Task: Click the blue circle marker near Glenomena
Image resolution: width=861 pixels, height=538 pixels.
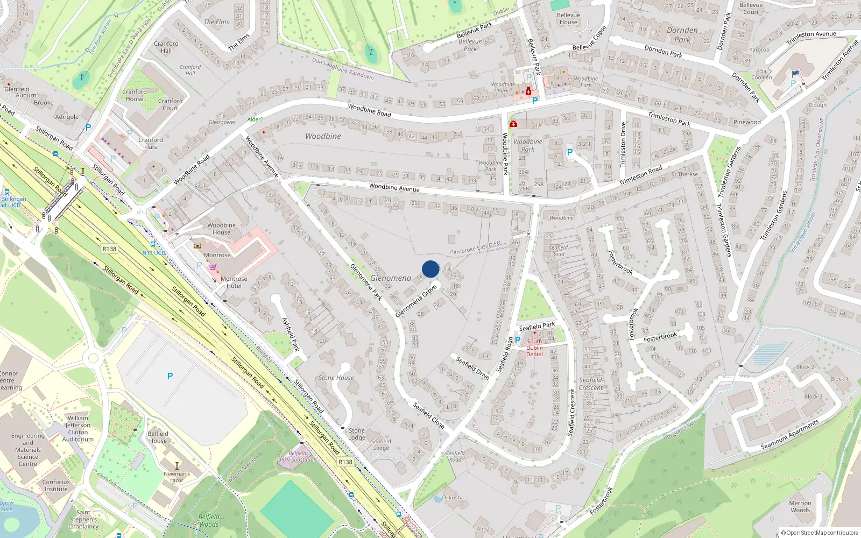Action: [x=430, y=269]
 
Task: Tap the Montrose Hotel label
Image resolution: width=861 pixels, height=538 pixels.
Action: [x=234, y=282]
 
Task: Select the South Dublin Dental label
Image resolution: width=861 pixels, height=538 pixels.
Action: [x=534, y=348]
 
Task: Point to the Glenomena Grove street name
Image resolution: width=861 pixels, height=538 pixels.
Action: [x=416, y=301]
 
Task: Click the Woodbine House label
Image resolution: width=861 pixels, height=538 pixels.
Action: [x=221, y=229]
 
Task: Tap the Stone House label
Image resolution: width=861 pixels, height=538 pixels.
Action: [x=336, y=378]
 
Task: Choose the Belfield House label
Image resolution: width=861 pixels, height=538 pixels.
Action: [x=158, y=437]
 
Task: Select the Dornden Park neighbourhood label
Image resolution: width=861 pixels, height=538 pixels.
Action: [x=682, y=35]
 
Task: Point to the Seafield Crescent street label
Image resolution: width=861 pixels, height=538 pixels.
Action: [x=572, y=413]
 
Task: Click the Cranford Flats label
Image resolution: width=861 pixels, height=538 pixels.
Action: [x=151, y=143]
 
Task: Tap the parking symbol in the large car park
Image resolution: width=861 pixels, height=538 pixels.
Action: [x=170, y=376]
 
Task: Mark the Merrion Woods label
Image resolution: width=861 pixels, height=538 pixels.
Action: [x=800, y=506]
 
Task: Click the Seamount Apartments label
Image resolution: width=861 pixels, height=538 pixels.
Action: [x=789, y=435]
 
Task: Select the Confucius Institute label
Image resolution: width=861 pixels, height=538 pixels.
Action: [x=56, y=485]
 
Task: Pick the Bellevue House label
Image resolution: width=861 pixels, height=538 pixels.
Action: [x=568, y=19]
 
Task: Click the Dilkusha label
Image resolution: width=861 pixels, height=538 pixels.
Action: [x=453, y=498]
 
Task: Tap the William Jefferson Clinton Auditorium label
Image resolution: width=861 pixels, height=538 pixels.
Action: [x=78, y=428]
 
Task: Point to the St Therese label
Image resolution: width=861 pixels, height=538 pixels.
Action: [x=684, y=174]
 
